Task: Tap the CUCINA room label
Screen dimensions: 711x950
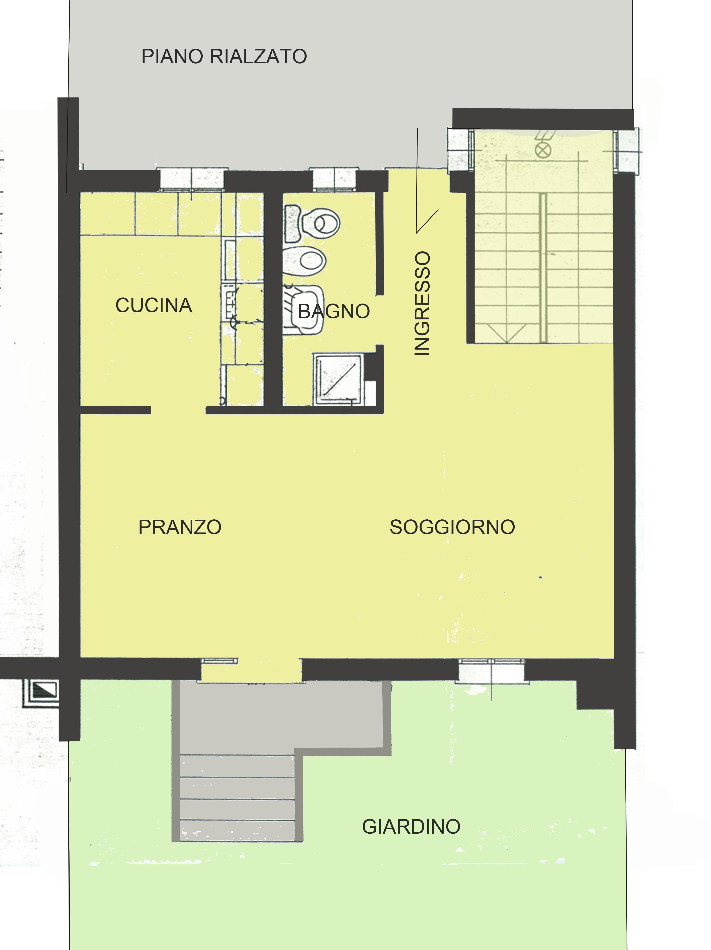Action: point(153,305)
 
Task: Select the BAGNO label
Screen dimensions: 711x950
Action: point(334,311)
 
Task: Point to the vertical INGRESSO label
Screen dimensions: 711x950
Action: point(422,303)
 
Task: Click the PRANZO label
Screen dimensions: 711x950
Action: point(180,527)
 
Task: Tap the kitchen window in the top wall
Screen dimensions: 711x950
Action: point(192,179)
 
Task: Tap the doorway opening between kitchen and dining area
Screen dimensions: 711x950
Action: point(178,410)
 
